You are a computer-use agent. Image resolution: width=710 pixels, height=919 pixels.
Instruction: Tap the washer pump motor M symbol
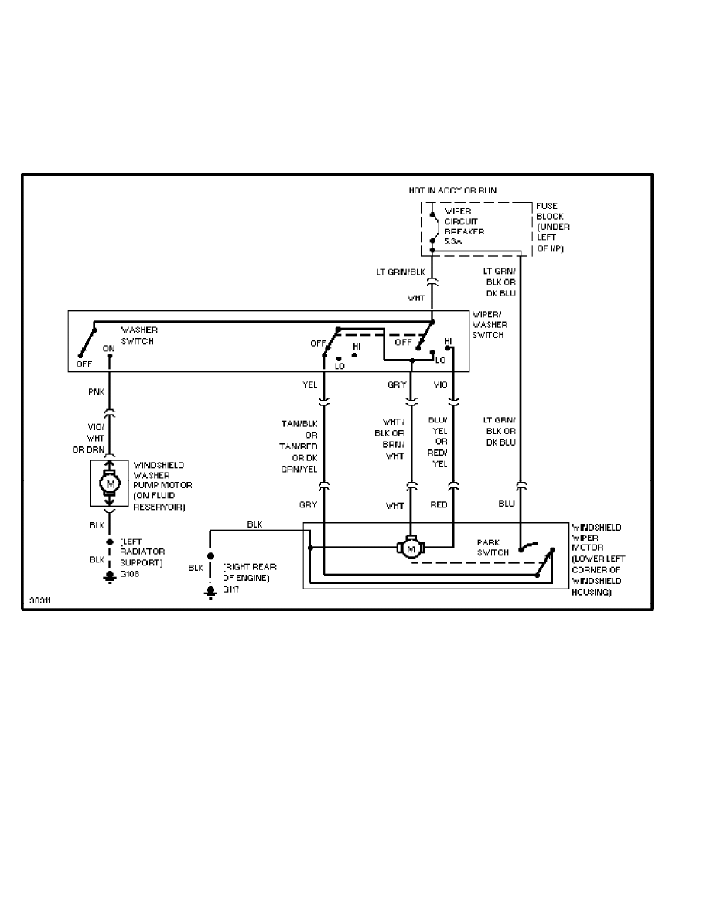[x=110, y=484]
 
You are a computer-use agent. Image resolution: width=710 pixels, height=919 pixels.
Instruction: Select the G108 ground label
[x=129, y=574]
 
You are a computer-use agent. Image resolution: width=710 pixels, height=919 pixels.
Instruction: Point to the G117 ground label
[x=230, y=589]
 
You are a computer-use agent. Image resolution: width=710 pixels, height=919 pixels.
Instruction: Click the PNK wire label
[x=97, y=391]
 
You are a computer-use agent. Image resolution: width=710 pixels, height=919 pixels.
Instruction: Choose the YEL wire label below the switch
[x=310, y=384]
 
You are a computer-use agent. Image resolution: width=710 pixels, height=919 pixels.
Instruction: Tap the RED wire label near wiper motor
[x=439, y=504]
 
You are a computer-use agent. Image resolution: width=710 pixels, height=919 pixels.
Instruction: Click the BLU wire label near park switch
[x=507, y=504]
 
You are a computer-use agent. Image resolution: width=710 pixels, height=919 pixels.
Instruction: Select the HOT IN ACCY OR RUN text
[x=452, y=190]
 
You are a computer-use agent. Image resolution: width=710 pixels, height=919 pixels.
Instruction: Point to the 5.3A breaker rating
[x=453, y=241]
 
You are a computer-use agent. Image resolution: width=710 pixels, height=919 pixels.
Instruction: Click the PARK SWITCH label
[x=493, y=548]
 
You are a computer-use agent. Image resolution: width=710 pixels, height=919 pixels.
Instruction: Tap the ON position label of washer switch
[x=109, y=348]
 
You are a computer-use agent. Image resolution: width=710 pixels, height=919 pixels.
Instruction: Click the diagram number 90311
[x=40, y=601]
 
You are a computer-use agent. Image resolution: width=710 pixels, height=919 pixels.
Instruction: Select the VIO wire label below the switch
[x=441, y=384]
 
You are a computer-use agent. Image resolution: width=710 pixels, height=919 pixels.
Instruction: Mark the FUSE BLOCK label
[x=547, y=211]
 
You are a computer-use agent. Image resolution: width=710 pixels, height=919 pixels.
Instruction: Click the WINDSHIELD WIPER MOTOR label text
[x=596, y=538]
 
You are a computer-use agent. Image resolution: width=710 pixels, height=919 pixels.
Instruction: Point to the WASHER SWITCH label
[x=139, y=335]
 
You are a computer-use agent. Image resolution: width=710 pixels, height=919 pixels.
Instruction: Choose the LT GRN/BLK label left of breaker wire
[x=401, y=272]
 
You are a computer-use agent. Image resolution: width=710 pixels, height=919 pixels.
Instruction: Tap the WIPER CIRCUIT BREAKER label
[x=464, y=221]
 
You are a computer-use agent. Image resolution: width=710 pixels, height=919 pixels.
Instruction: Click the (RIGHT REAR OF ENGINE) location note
[x=250, y=572]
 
